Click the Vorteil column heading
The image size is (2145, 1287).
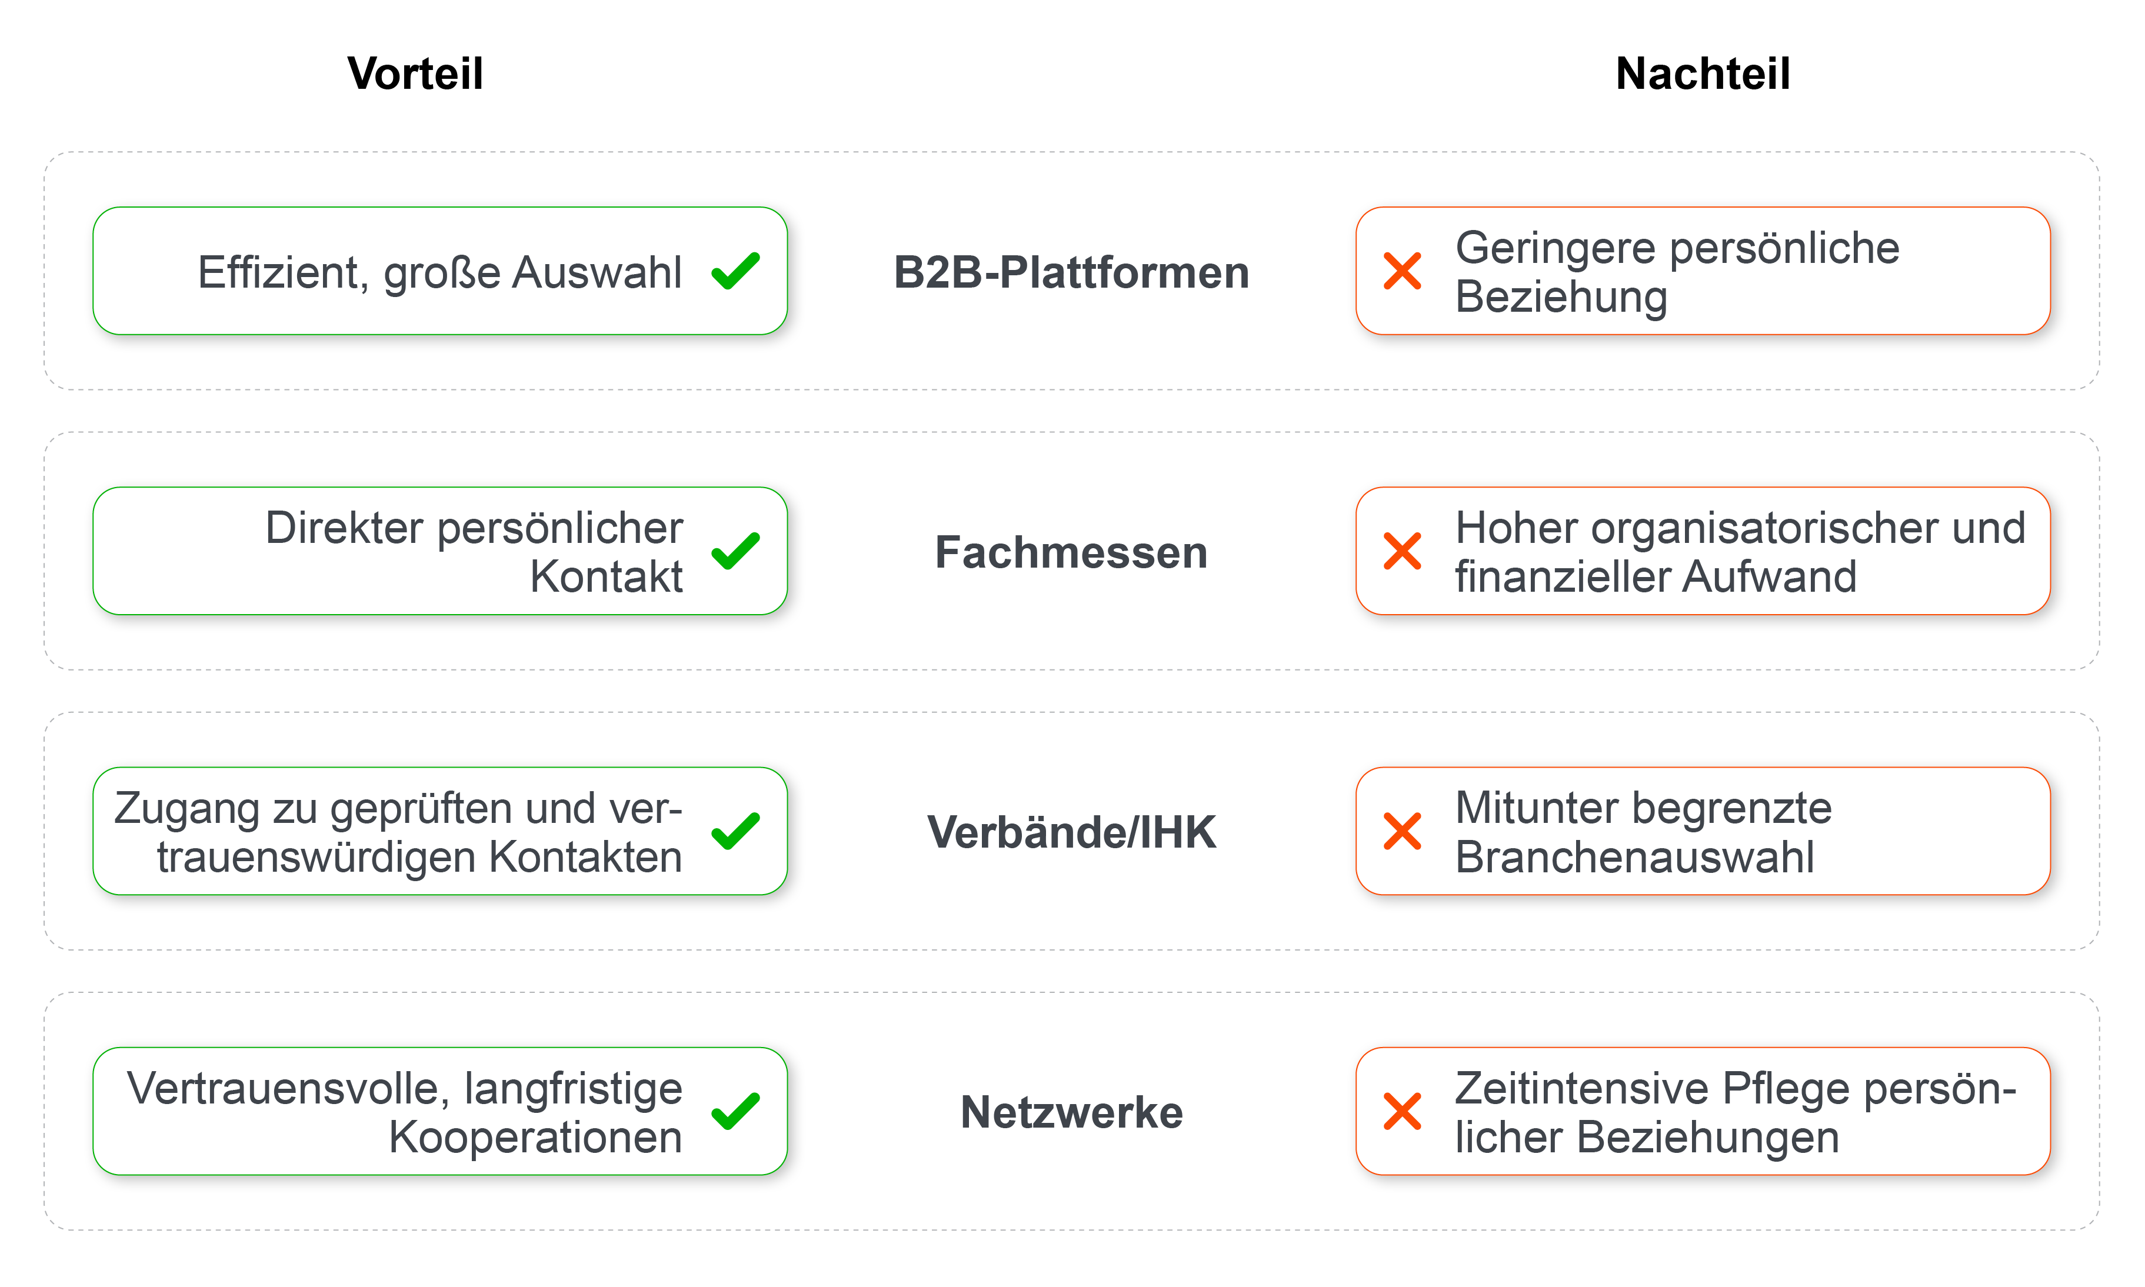pyautogui.click(x=415, y=74)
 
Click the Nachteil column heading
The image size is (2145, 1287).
pyautogui.click(x=1702, y=74)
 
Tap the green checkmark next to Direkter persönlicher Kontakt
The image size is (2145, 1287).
pyautogui.click(x=735, y=552)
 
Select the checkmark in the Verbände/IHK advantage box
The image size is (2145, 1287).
pyautogui.click(x=735, y=832)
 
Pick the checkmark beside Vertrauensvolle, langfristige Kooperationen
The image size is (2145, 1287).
pyautogui.click(x=735, y=1112)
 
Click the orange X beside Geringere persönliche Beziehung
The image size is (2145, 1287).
pyautogui.click(x=1402, y=271)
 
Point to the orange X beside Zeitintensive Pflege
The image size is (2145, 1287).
pyautogui.click(x=1402, y=1111)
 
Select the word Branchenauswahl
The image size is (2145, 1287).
pyautogui.click(x=1634, y=857)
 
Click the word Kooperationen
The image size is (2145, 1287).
pyautogui.click(x=535, y=1137)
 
